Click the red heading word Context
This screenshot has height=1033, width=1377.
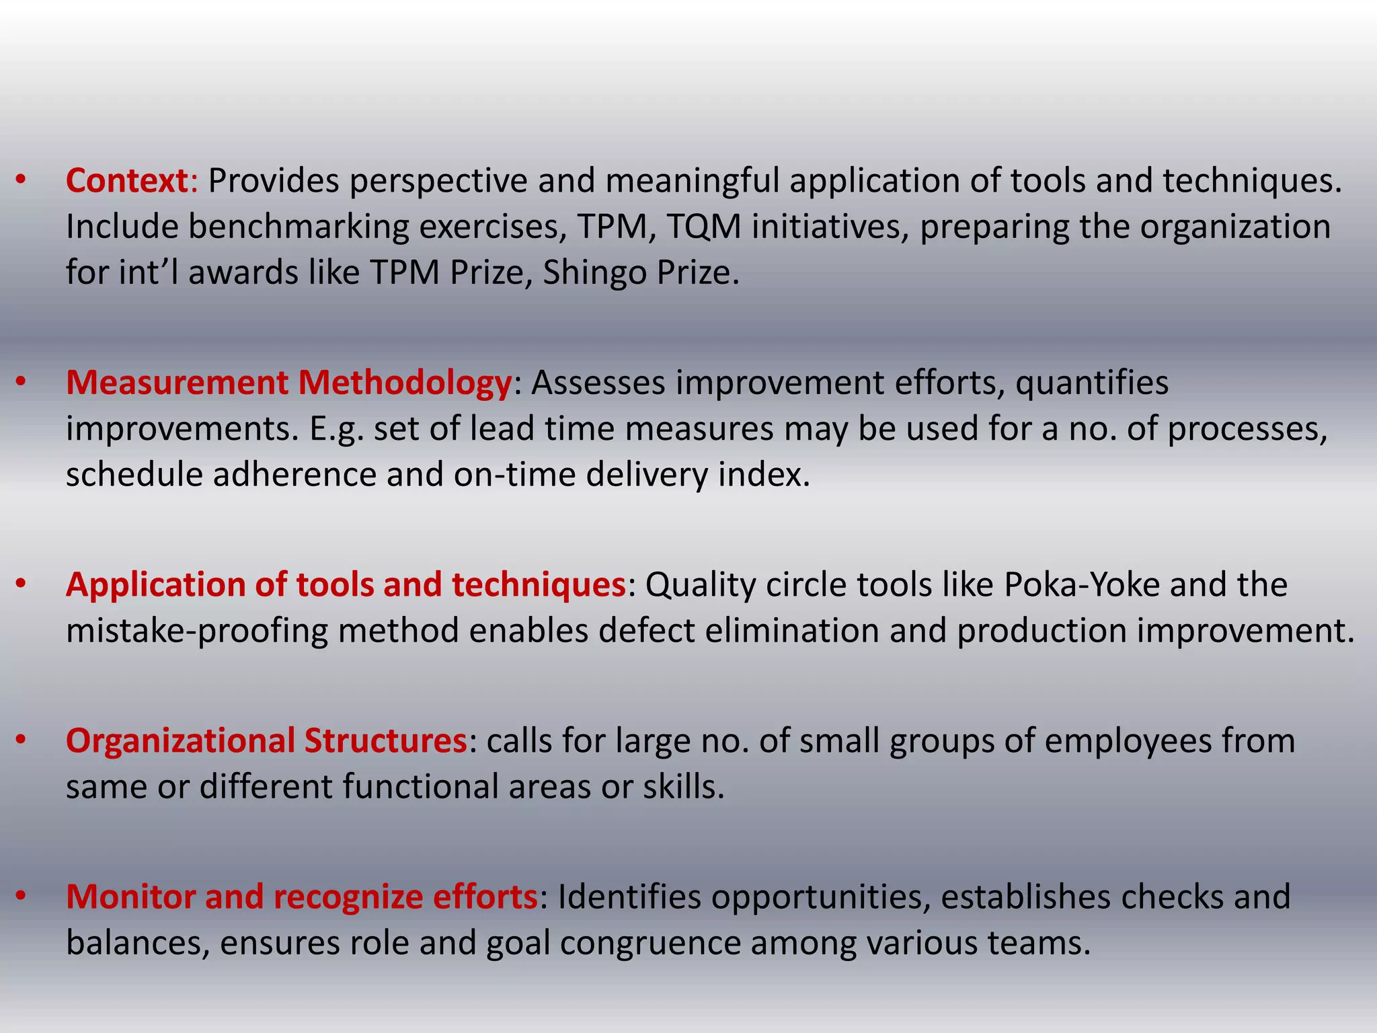tap(126, 181)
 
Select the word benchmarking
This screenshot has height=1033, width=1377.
tap(299, 227)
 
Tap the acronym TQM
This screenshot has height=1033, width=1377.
tap(704, 227)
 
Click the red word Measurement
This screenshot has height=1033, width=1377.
tap(177, 383)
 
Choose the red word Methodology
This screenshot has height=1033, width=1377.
tap(405, 383)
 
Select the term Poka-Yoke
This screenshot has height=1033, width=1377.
tap(1082, 585)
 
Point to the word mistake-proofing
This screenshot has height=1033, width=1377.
tap(196, 631)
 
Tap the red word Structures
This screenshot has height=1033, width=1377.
tap(385, 741)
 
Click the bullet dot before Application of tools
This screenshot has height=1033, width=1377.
tap(21, 584)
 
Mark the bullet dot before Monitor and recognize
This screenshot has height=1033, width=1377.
tap(21, 896)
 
